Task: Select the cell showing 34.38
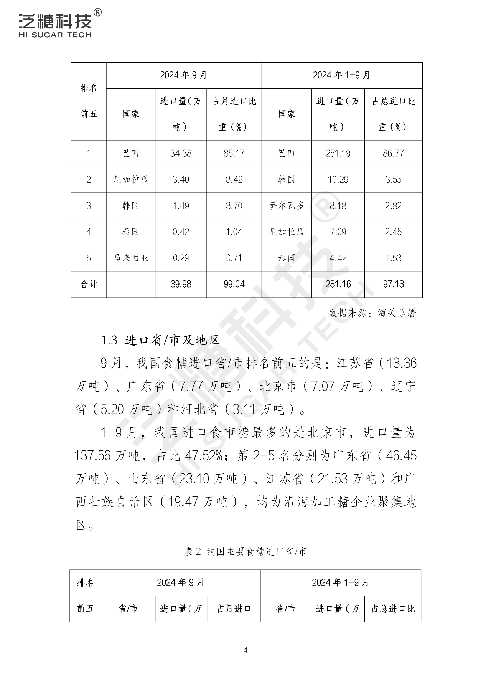coord(181,154)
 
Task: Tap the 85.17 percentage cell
coord(234,154)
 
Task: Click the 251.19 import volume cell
coord(338,154)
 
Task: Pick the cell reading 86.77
coord(393,154)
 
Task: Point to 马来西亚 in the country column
coord(130,258)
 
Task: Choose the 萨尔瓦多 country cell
coord(287,206)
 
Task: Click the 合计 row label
coord(89,284)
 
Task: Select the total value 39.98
coord(181,284)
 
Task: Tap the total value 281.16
coord(338,284)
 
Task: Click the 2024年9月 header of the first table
coord(183,75)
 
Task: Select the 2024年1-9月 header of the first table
coord(341,75)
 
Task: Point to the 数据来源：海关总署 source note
coord(372,313)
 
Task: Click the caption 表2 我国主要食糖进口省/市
coord(245,552)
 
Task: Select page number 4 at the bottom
coord(245,650)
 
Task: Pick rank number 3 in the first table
coord(89,206)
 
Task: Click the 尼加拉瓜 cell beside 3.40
coord(130,180)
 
